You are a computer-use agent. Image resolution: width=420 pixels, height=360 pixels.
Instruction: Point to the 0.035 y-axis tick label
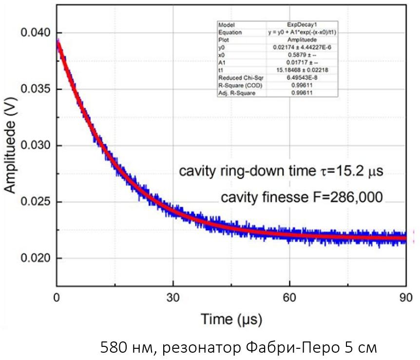(35, 89)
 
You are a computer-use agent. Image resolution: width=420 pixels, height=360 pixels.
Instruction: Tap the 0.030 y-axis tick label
(35, 145)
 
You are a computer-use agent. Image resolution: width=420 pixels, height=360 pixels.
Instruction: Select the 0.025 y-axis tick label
(35, 202)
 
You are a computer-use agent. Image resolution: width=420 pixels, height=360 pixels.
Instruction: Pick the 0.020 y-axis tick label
(35, 258)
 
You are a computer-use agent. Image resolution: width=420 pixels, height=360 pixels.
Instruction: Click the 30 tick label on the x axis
(173, 297)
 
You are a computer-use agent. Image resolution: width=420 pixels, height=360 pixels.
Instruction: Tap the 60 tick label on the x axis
(289, 297)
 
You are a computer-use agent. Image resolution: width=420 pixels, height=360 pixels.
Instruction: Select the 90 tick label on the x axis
(406, 297)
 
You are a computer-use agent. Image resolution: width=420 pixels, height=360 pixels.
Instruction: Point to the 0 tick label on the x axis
(57, 297)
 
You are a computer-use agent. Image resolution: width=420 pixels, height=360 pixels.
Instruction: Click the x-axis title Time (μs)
(231, 320)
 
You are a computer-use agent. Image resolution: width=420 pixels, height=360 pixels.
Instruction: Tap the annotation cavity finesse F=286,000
(302, 198)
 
